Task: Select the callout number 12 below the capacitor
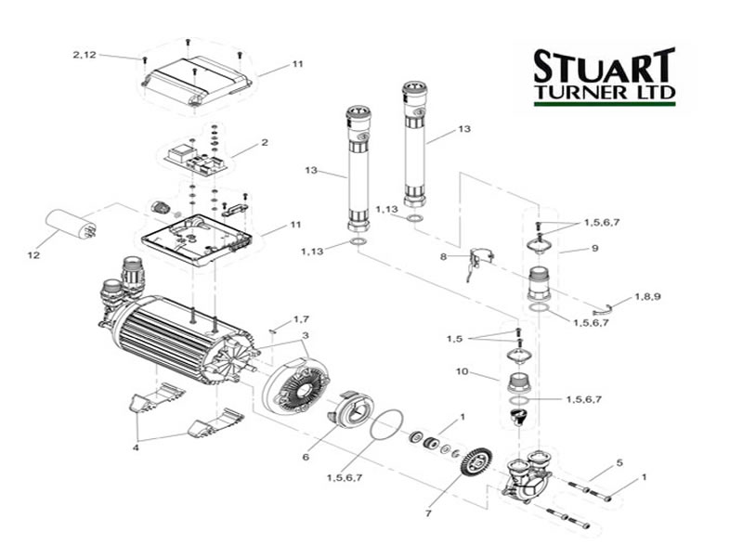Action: (33, 255)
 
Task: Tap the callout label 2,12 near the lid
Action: (85, 55)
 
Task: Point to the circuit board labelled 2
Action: (198, 158)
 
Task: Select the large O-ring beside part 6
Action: (386, 424)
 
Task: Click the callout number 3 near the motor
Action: (306, 335)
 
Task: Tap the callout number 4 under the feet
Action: (136, 447)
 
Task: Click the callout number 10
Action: (462, 371)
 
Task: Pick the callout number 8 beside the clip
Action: (444, 257)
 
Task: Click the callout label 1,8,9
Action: (647, 297)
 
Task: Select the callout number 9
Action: (595, 248)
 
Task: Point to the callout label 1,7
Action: (301, 319)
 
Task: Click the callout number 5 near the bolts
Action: (619, 462)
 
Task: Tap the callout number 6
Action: (306, 457)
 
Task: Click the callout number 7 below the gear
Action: (428, 513)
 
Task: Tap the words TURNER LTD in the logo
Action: (605, 91)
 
